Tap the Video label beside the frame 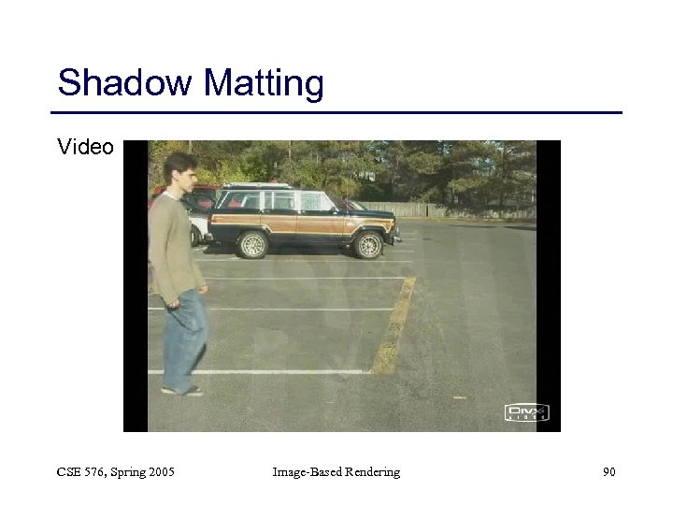(85, 147)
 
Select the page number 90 (609, 472)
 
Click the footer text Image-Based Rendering (336, 472)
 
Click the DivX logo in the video (527, 412)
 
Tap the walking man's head (179, 171)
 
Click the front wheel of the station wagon (369, 245)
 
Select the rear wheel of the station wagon (251, 245)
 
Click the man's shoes (180, 389)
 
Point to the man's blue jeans (184, 337)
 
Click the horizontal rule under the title (336, 113)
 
